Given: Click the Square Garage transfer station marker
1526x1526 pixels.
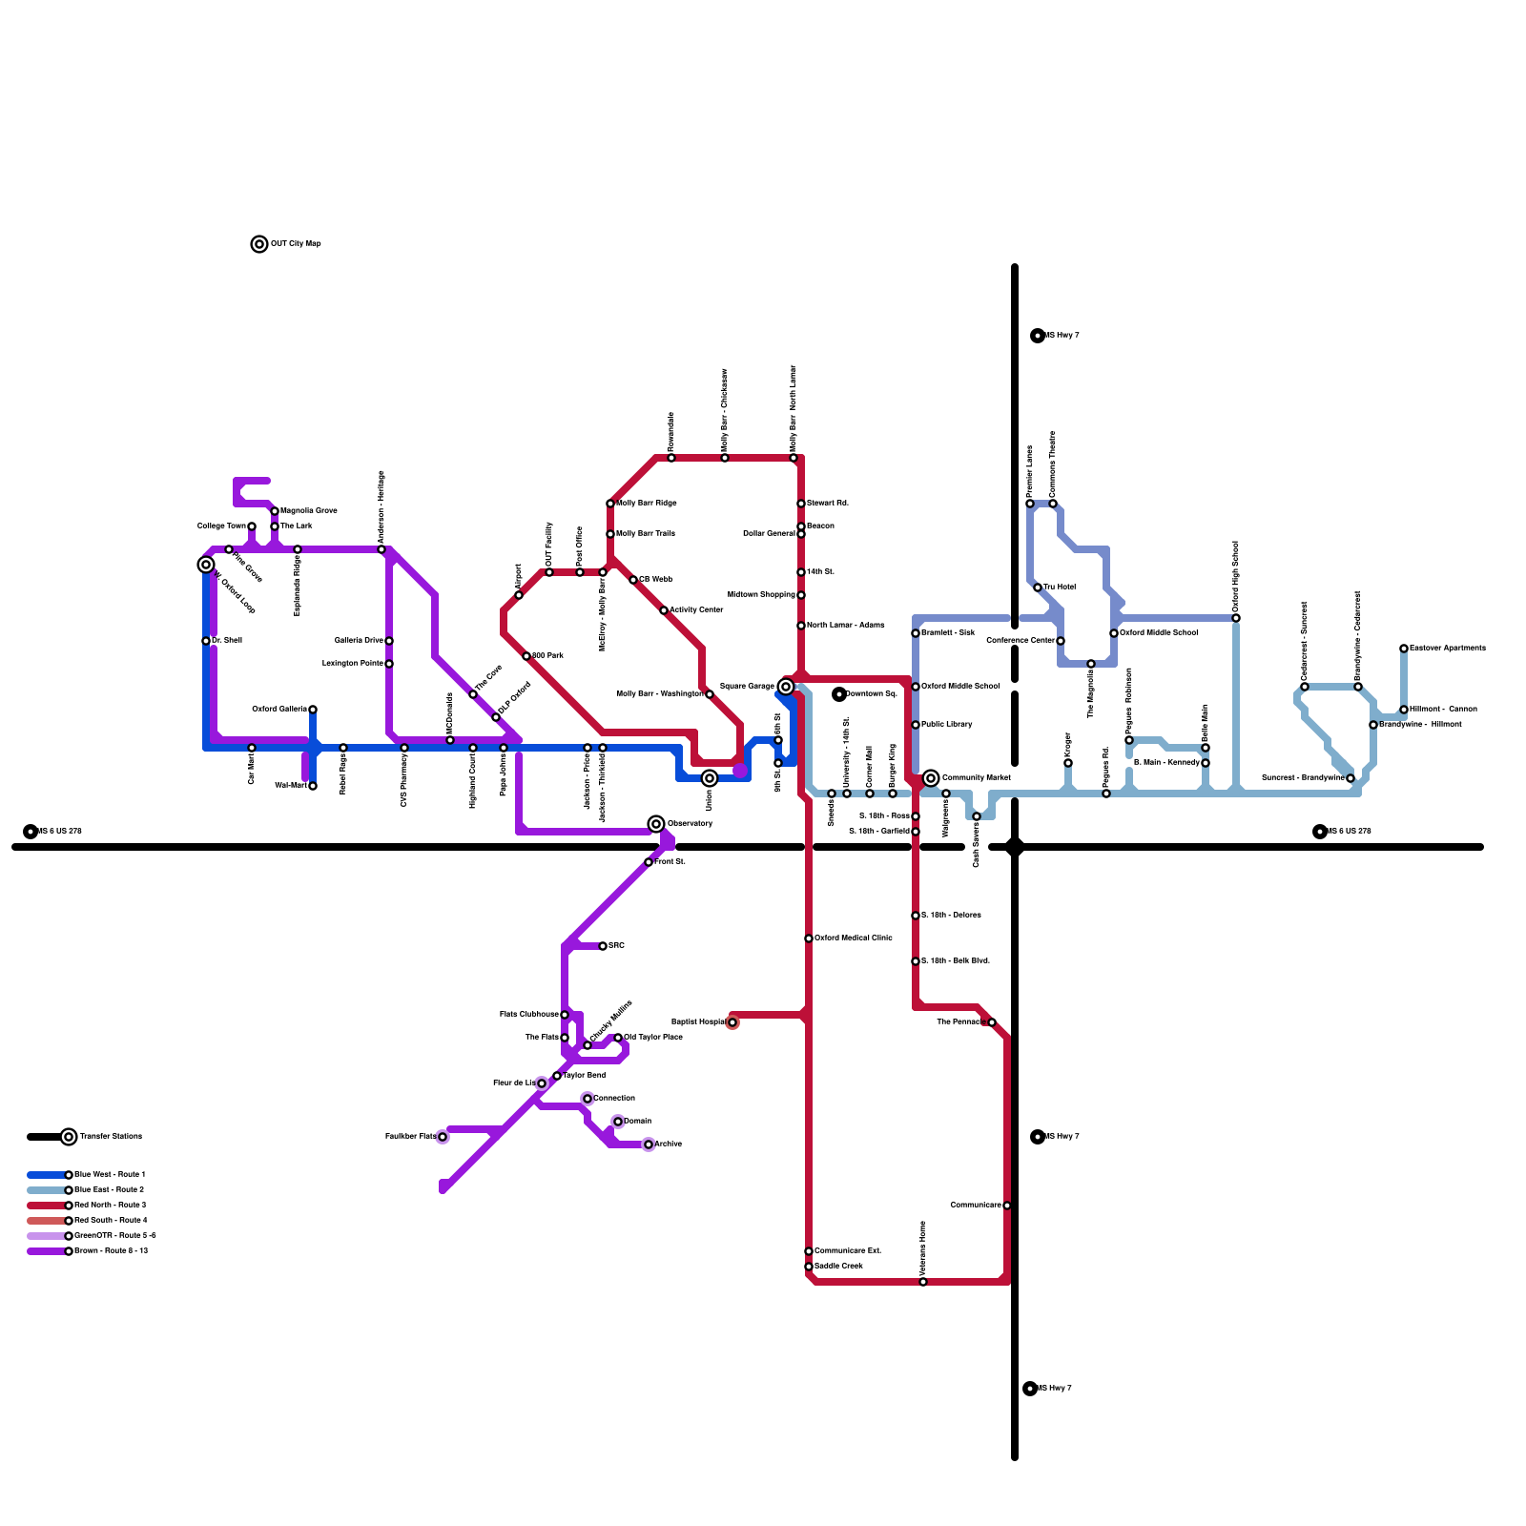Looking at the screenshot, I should click(x=786, y=687).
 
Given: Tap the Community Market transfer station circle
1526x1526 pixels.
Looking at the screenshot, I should click(x=931, y=778).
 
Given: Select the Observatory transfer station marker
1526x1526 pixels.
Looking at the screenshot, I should click(x=656, y=824).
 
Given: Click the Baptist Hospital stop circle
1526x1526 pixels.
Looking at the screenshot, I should click(x=732, y=1022).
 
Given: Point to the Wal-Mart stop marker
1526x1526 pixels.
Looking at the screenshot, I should click(x=313, y=786).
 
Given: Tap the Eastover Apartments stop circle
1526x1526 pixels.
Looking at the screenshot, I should click(x=1404, y=649).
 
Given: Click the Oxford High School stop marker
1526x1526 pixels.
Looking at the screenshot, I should click(x=1236, y=618).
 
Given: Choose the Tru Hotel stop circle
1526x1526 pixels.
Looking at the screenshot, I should click(x=1038, y=588).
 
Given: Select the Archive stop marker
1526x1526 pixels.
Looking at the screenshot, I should click(x=649, y=1144).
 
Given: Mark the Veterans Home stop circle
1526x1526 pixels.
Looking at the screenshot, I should click(x=923, y=1282).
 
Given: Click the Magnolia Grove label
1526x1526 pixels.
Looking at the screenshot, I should click(x=308, y=511).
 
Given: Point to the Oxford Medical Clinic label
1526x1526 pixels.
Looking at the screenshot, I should click(x=854, y=938).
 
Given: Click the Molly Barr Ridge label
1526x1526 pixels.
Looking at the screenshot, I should click(x=647, y=504).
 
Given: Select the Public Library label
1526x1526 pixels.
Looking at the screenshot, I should click(x=947, y=725).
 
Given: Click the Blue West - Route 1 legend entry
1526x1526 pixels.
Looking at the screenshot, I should click(x=110, y=1175).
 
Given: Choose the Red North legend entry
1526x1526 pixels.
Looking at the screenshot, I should click(x=110, y=1206).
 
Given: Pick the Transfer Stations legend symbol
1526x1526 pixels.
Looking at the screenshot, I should click(x=69, y=1137).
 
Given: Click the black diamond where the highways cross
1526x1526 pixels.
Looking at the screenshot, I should click(x=1015, y=847).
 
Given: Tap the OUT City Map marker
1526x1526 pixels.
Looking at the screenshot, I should click(x=259, y=244).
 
